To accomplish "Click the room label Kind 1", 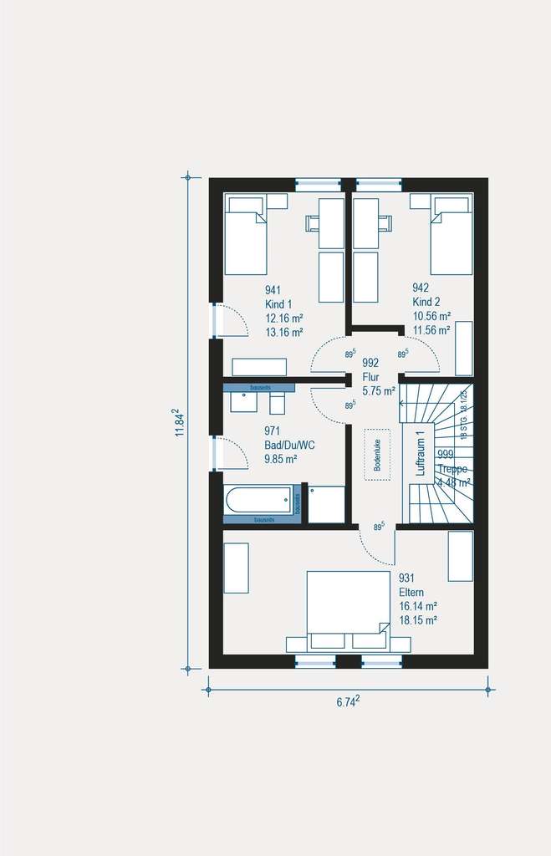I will coord(278,303).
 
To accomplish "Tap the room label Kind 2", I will coord(426,302).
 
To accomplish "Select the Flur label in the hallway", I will coord(370,376).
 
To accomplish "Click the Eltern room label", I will coord(413,592).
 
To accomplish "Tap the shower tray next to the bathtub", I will coord(326,504).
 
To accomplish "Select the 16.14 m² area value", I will coord(418,606).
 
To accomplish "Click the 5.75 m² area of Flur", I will coord(378,390).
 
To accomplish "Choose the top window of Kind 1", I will coord(319,184).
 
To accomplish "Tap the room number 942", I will coord(421,288).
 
